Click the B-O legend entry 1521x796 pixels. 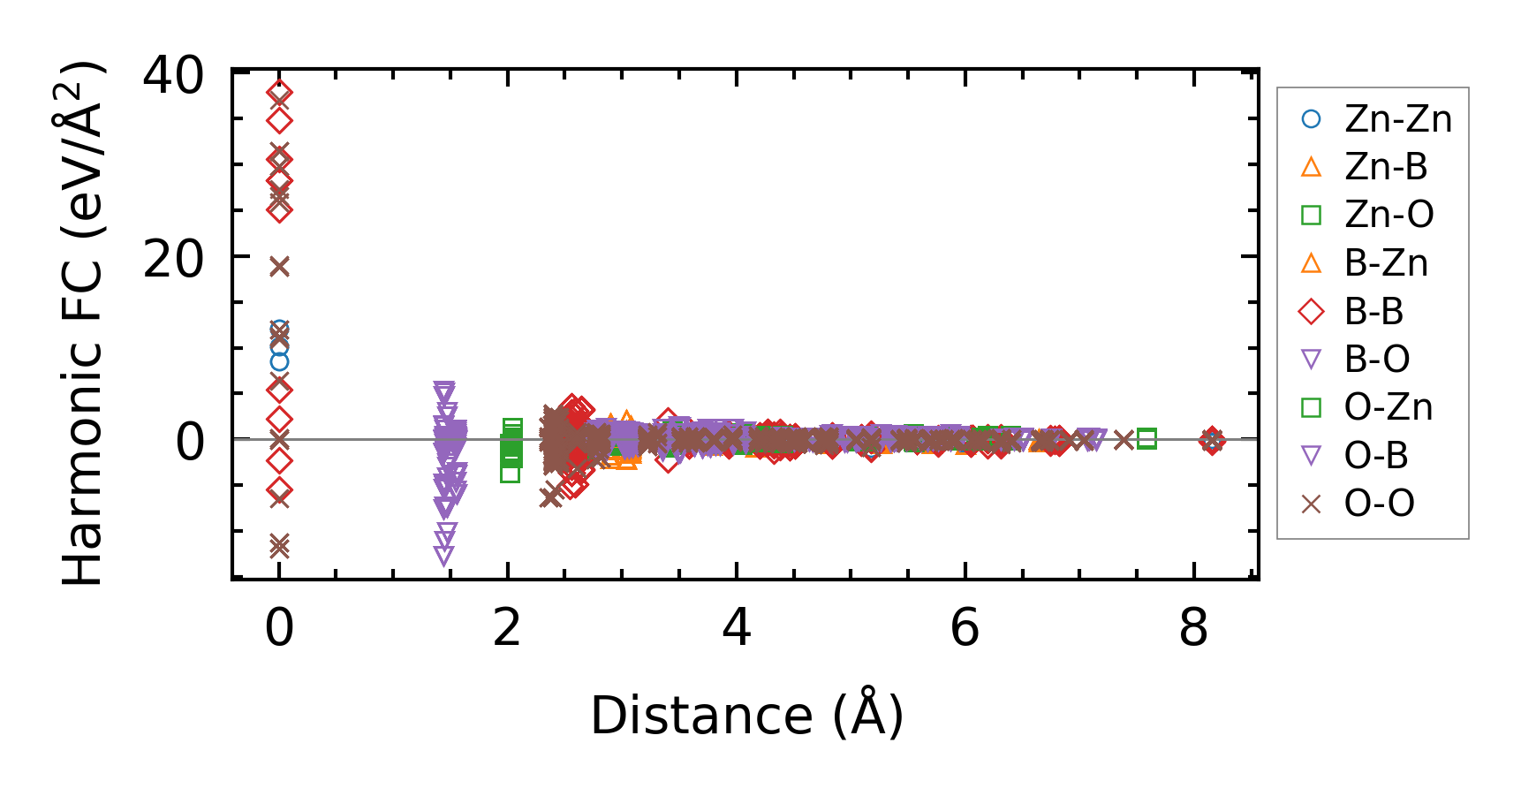(1376, 360)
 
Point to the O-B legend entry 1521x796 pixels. (1376, 456)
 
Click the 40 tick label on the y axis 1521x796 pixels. (173, 75)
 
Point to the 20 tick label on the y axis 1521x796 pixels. (173, 259)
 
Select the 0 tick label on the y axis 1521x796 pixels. (190, 442)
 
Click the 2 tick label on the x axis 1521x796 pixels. (508, 629)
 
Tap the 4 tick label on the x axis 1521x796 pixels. (737, 629)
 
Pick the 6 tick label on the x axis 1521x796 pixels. (965, 629)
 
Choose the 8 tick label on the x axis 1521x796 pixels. (1193, 629)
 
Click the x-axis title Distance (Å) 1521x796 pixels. (747, 716)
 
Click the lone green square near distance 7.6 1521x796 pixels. (1146, 438)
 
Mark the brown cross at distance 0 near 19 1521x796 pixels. (279, 266)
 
